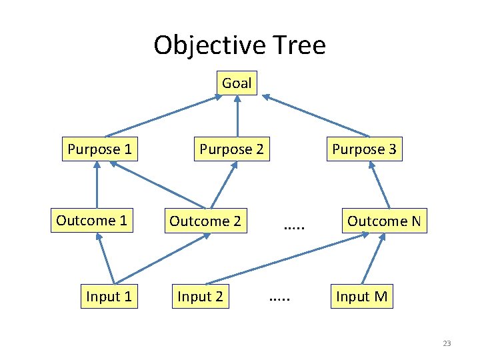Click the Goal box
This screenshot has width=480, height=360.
click(x=237, y=83)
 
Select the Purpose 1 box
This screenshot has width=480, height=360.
click(x=99, y=149)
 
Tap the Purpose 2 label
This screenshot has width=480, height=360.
click(x=231, y=149)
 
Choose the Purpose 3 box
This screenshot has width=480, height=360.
click(x=364, y=149)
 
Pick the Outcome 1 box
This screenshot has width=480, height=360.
click(x=91, y=221)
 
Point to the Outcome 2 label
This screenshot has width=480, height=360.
click(x=205, y=221)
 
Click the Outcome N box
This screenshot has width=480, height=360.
click(x=384, y=221)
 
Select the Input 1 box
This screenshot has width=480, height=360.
click(x=109, y=296)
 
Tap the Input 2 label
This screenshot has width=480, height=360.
click(x=200, y=296)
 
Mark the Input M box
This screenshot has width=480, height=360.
click(x=362, y=296)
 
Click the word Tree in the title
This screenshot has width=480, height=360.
click(x=298, y=45)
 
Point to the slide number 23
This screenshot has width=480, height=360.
click(x=447, y=343)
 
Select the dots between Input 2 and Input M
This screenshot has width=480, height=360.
click(x=280, y=301)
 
